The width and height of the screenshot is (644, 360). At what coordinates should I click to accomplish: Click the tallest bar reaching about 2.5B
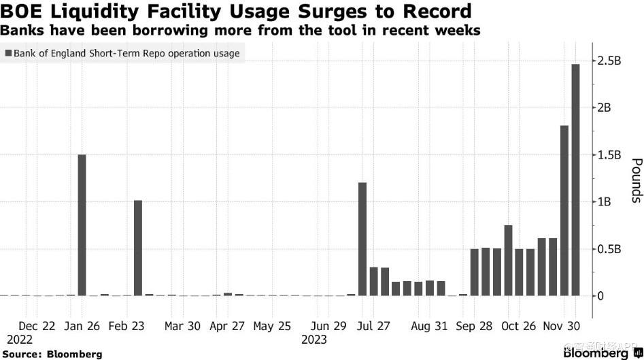[575, 180]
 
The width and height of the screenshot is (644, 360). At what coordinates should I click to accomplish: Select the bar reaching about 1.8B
[564, 210]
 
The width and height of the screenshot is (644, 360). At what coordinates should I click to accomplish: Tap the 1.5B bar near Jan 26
[82, 225]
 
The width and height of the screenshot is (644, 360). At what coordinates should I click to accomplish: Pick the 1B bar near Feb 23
[138, 248]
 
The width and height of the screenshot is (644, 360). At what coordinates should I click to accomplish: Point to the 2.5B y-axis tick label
[610, 61]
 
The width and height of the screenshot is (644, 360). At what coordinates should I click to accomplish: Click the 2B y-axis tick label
[607, 108]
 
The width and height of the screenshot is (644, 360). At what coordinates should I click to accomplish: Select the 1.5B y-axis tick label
[610, 154]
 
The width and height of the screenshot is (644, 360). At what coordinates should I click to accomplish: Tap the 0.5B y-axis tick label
[610, 248]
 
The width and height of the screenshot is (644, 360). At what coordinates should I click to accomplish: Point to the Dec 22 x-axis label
[37, 326]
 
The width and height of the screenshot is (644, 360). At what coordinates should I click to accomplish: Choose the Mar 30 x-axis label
[182, 326]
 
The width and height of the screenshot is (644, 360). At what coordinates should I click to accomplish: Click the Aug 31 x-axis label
[430, 326]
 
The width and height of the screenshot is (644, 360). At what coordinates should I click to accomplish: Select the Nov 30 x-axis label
[560, 326]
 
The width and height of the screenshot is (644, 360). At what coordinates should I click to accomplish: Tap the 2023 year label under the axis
[315, 339]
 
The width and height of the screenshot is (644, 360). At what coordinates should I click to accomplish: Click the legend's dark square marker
[8, 53]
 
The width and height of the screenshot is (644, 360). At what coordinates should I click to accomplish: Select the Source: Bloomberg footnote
[52, 354]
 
